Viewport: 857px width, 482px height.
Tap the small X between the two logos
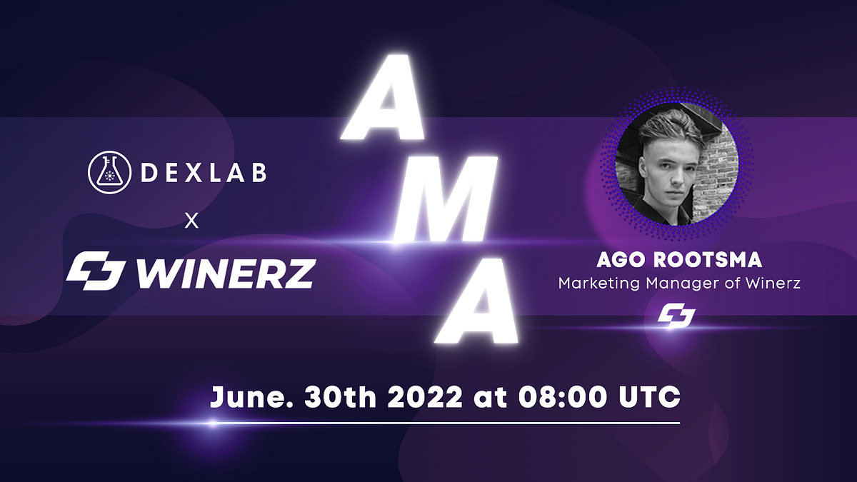coord(191,221)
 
